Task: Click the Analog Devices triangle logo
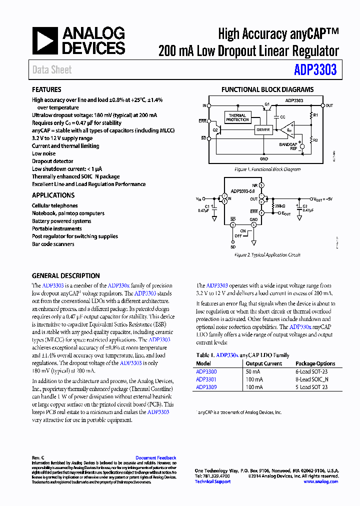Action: tap(44, 40)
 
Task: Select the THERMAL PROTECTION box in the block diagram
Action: tap(237, 118)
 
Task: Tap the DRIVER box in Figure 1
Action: tap(262, 130)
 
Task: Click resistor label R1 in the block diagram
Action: tap(315, 115)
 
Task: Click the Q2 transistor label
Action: tap(215, 129)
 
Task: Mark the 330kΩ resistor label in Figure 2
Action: tap(279, 205)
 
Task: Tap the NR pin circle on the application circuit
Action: tap(261, 186)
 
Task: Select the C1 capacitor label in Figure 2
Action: tap(207, 205)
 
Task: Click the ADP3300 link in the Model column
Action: tap(206, 371)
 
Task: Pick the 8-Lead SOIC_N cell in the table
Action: tap(312, 379)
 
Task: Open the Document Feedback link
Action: tap(155, 458)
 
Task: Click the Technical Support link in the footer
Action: tap(212, 481)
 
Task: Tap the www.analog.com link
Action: tap(320, 481)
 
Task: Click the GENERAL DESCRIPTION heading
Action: tap(65, 275)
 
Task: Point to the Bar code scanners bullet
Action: tap(53, 244)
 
